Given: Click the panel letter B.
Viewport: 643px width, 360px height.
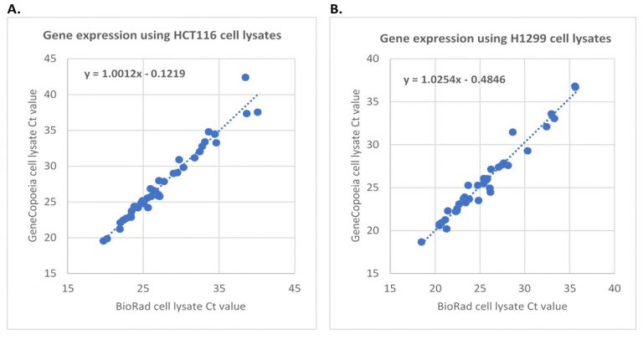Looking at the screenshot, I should coord(336,9).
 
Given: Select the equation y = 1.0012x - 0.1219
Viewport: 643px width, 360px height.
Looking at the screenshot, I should coord(135,74).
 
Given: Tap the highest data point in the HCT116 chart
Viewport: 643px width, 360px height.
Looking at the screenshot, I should coord(245,77).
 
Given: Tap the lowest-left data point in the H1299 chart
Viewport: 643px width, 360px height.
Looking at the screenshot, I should coord(421,242).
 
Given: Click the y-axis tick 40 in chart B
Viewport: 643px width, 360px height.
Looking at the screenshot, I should coord(371,59).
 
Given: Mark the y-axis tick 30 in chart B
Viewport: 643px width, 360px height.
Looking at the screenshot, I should coord(371,144).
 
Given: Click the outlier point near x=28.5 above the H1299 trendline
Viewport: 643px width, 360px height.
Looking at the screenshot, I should coord(512,131).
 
